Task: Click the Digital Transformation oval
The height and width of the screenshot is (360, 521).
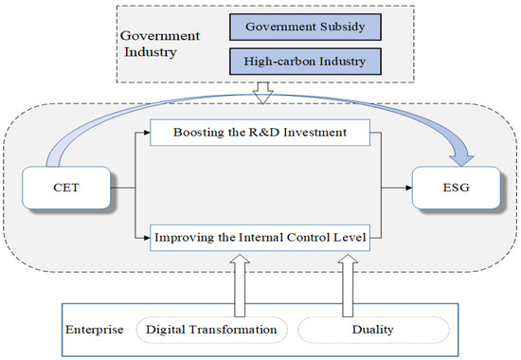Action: click(210, 329)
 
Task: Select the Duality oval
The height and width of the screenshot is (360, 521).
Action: click(372, 329)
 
